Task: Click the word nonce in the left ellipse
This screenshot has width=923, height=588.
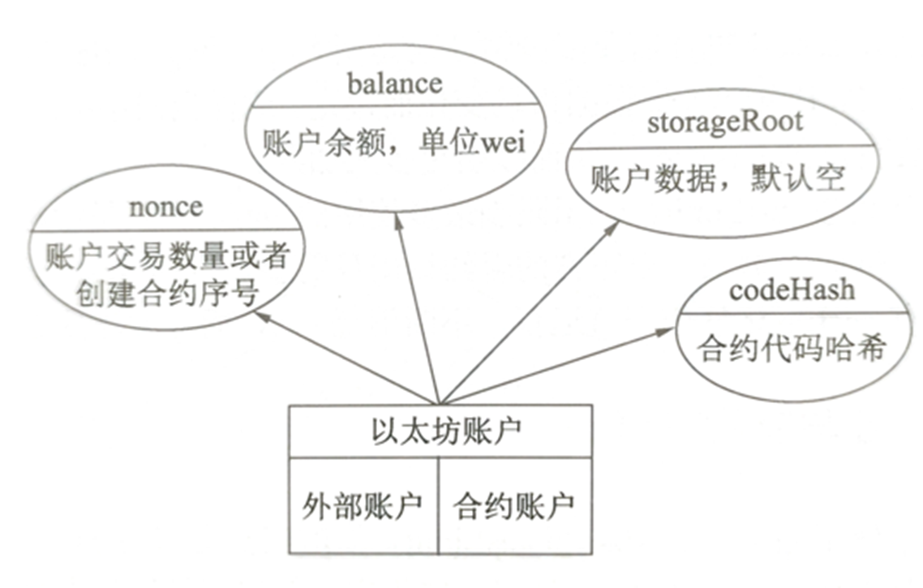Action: [x=166, y=207]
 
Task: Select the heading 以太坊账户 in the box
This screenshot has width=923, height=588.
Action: [x=440, y=430]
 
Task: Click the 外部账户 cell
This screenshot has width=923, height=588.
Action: [x=363, y=506]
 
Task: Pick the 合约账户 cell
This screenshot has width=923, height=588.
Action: [x=514, y=506]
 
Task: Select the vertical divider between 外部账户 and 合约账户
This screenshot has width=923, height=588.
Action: [x=439, y=504]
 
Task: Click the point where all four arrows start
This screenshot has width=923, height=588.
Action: [x=440, y=402]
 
